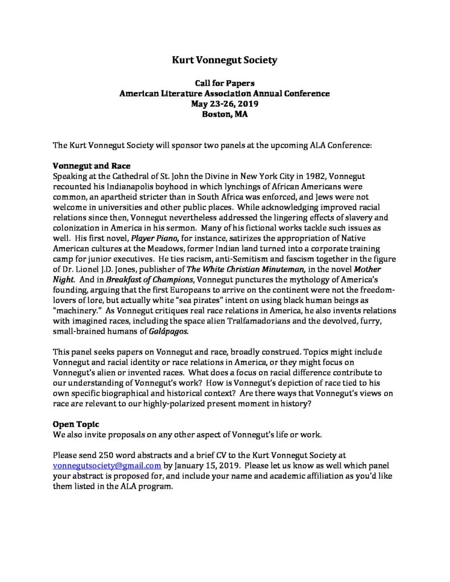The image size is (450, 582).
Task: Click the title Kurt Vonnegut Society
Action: coord(225,59)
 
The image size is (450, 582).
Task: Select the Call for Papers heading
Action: coord(225,84)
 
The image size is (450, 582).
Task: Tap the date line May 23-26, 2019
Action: coord(225,103)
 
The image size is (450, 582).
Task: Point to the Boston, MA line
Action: coord(225,114)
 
